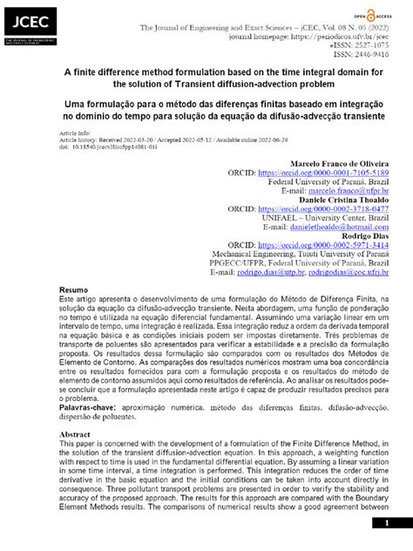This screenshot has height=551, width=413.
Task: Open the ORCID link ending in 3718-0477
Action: click(330, 210)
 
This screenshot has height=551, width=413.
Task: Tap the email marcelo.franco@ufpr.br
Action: click(349, 192)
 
